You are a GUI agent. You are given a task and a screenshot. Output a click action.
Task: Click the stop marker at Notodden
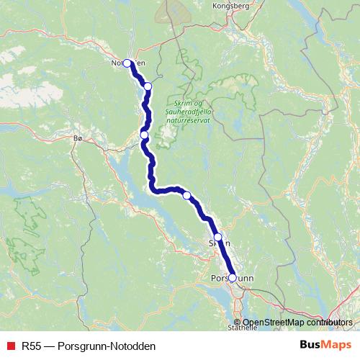pos(127,63)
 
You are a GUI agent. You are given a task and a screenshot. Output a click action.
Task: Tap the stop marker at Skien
pos(217,236)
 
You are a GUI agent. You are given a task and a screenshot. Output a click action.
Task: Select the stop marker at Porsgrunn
pos(232,277)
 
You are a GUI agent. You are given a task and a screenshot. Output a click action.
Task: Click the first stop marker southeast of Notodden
pos(148,86)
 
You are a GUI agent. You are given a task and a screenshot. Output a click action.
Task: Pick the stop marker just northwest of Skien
pos(186,195)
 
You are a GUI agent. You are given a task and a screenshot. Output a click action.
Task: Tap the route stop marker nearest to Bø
pos(144,135)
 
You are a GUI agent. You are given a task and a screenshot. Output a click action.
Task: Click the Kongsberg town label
pos(229,6)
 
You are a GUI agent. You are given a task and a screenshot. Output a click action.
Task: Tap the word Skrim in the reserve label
pos(176,105)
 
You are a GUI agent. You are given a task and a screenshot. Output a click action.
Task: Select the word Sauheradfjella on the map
pos(189,114)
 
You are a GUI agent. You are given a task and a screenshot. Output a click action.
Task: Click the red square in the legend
pos(10,346)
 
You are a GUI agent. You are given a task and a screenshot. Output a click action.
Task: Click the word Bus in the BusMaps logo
pos(310,345)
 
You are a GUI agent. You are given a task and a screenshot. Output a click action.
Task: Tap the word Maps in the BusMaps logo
pos(336,345)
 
